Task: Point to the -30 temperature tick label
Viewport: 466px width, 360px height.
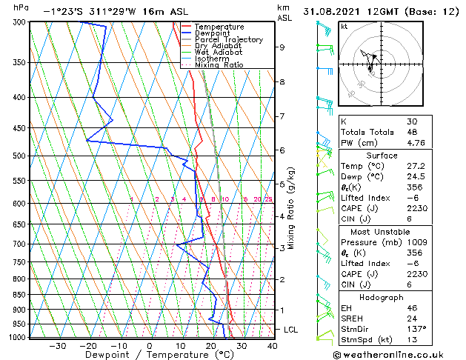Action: (x=57, y=346)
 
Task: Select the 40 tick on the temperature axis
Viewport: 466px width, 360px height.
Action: (x=272, y=346)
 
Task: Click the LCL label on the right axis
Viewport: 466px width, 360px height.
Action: (x=290, y=329)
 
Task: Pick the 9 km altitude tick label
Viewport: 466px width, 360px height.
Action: (x=282, y=47)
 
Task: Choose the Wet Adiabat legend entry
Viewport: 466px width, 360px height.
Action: (x=219, y=53)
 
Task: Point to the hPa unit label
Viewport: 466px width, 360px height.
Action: (x=21, y=7)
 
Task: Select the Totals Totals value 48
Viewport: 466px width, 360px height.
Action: (x=412, y=132)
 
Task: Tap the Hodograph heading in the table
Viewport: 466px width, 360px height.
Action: (x=377, y=297)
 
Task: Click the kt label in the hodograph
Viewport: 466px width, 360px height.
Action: (x=344, y=26)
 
